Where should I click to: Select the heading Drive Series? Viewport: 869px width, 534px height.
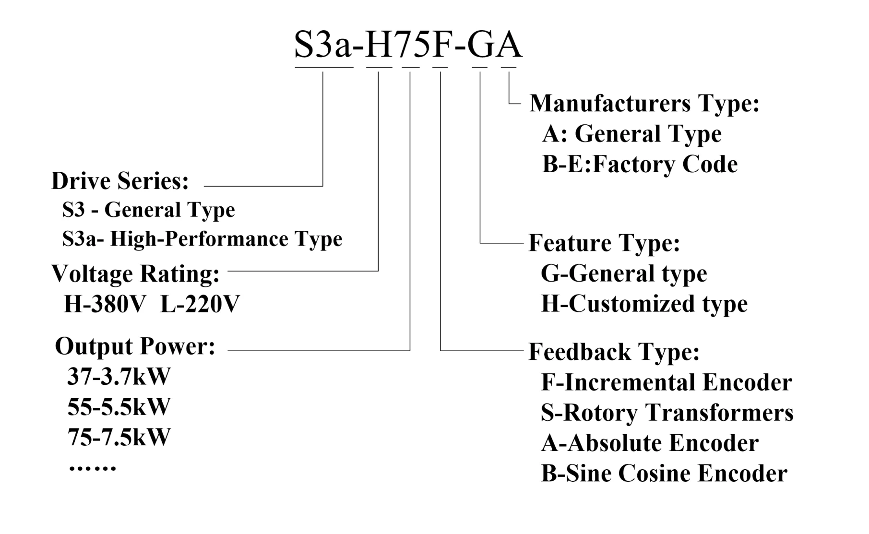pyautogui.click(x=120, y=181)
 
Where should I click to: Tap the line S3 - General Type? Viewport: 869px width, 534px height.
pyautogui.click(x=149, y=210)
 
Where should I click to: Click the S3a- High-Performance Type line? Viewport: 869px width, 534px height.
pyautogui.click(x=202, y=239)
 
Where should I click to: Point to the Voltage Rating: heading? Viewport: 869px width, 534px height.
pyautogui.click(x=135, y=274)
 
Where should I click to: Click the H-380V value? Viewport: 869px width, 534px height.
pyautogui.click(x=104, y=304)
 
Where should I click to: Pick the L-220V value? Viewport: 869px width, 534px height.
pyautogui.click(x=200, y=304)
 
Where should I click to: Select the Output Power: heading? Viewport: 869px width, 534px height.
pyautogui.click(x=135, y=346)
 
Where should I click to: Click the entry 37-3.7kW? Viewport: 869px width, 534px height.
pyautogui.click(x=119, y=377)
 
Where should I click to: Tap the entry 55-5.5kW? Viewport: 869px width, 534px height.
pyautogui.click(x=119, y=407)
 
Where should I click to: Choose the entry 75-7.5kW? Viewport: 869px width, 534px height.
pyautogui.click(x=119, y=437)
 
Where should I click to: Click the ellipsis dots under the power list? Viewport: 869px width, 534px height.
pyautogui.click(x=93, y=468)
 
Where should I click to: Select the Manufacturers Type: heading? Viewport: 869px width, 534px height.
pyautogui.click(x=644, y=103)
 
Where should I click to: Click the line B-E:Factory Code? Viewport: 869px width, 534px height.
pyautogui.click(x=640, y=165)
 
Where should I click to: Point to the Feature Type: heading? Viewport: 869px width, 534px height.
pyautogui.click(x=604, y=243)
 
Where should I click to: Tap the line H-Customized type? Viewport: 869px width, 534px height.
pyautogui.click(x=644, y=304)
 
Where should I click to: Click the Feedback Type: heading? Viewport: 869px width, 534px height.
pyautogui.click(x=614, y=352)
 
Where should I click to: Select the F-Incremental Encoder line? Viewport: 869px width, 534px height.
pyautogui.click(x=666, y=382)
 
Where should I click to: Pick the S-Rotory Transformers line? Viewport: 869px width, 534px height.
pyautogui.click(x=667, y=413)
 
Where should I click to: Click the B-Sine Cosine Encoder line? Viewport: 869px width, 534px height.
pyautogui.click(x=664, y=474)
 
